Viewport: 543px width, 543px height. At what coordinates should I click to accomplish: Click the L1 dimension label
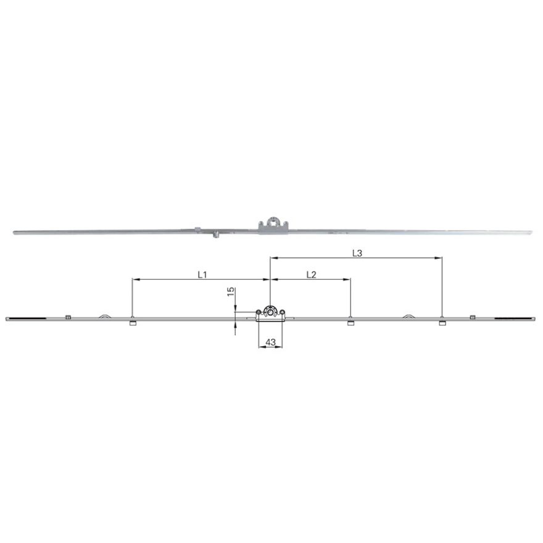(x=202, y=275)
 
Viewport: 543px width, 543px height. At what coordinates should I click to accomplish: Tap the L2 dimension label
(x=312, y=275)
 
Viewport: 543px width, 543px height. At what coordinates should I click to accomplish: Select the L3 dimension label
(x=357, y=254)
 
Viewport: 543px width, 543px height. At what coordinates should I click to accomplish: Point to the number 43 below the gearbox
(x=270, y=342)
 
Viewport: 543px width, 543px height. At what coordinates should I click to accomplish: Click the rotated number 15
(x=231, y=292)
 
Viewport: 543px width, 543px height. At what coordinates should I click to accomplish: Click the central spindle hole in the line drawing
(x=270, y=312)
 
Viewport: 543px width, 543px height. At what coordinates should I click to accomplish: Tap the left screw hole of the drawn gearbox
(x=258, y=312)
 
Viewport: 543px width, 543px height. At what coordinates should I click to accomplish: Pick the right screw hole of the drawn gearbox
(x=282, y=312)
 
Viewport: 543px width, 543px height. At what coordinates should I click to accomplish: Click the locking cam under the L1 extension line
(x=133, y=323)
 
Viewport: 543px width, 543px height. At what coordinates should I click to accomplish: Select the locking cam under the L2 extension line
(x=351, y=323)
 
